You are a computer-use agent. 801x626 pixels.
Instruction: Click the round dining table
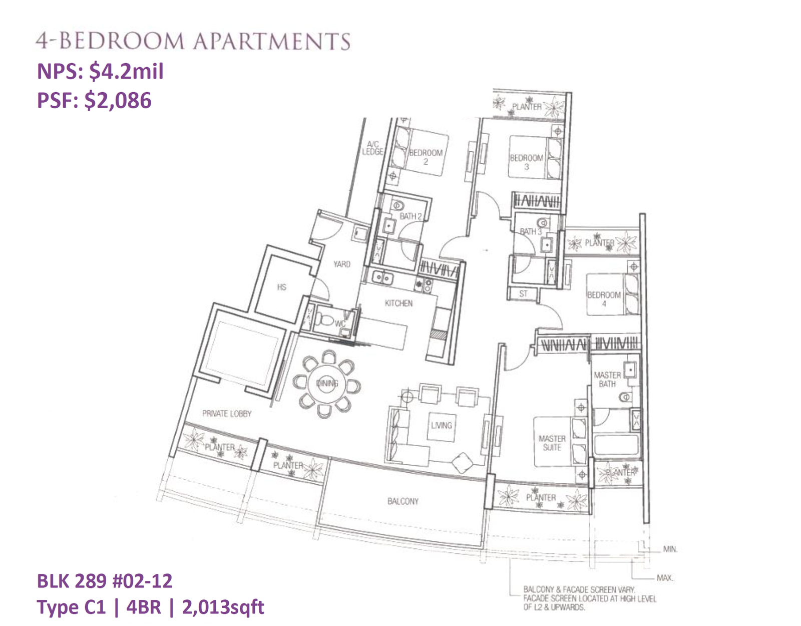coord(327,384)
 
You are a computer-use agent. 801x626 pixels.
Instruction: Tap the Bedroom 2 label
coord(426,157)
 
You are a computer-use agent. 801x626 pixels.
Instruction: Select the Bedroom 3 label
coord(526,162)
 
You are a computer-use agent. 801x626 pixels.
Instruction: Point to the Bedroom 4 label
coord(604,299)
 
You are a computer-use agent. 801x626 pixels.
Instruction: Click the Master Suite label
coord(552,443)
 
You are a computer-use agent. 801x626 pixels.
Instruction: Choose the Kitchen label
coord(398,303)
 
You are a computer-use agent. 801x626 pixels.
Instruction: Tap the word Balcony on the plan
coord(403,501)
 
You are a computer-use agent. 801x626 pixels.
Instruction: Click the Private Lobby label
coord(227,413)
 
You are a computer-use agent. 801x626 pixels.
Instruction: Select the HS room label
coord(282,287)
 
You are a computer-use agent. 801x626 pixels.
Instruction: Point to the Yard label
coord(342,264)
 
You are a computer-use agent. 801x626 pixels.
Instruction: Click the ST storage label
coord(523,293)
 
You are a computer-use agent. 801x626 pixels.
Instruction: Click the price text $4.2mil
coord(127,71)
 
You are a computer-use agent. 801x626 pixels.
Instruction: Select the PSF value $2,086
coord(118,100)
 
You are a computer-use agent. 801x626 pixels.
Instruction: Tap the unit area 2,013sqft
coord(223,607)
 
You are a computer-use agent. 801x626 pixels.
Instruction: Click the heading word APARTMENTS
coord(272,41)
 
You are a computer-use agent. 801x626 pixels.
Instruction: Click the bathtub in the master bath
coord(616,445)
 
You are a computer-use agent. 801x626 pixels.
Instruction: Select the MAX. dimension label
coord(665,578)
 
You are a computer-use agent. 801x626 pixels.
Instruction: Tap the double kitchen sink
coord(382,277)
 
